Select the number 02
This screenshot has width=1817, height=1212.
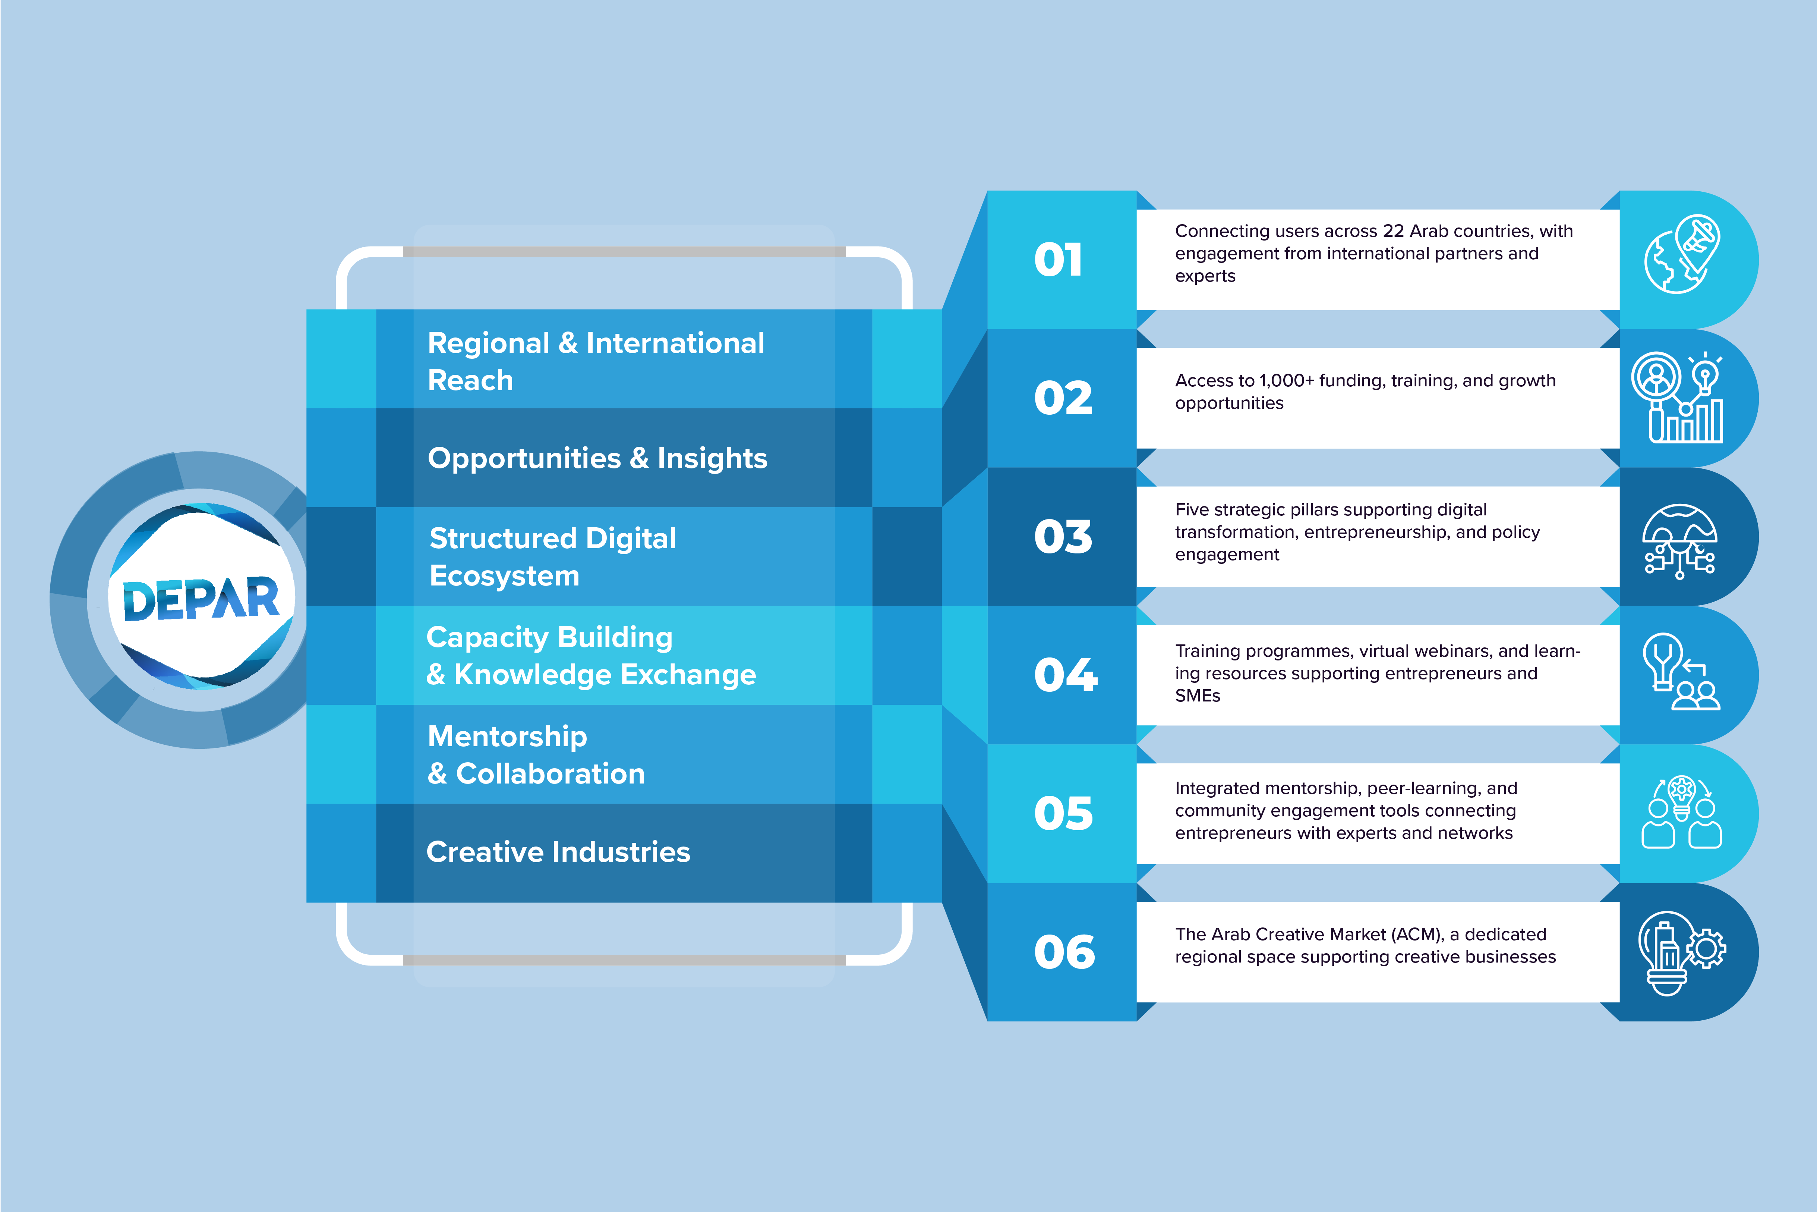1063,398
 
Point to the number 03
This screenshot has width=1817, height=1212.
1063,536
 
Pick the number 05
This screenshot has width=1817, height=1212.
1063,813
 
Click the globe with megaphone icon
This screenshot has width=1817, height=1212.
1682,255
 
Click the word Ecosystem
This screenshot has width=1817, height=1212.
504,576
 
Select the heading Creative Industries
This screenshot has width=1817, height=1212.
558,852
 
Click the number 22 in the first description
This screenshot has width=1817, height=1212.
1393,231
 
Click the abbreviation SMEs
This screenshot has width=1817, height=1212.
1198,696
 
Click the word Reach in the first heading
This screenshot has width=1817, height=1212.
470,380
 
